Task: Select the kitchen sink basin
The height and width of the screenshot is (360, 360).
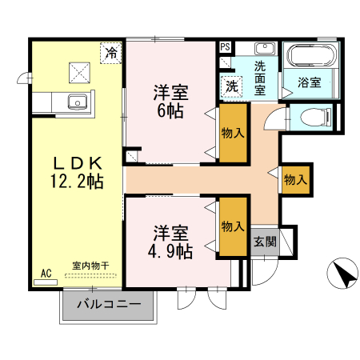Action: pyautogui.click(x=78, y=102)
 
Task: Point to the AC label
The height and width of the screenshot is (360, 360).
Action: pyautogui.click(x=46, y=274)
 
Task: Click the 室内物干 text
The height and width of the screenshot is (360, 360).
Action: pyautogui.click(x=90, y=266)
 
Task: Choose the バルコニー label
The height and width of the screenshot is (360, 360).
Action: pyautogui.click(x=109, y=305)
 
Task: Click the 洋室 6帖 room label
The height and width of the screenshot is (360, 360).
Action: pyautogui.click(x=170, y=101)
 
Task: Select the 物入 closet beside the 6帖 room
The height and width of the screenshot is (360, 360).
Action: pyautogui.click(x=232, y=133)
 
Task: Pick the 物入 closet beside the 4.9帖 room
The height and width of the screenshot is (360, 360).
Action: pyautogui.click(x=232, y=226)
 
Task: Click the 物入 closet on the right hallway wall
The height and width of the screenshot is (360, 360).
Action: pyautogui.click(x=294, y=180)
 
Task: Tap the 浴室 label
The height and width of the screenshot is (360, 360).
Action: pyautogui.click(x=310, y=82)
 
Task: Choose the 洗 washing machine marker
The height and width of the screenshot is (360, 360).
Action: pyautogui.click(x=231, y=85)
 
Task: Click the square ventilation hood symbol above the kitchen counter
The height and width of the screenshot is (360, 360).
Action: pyautogui.click(x=80, y=72)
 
